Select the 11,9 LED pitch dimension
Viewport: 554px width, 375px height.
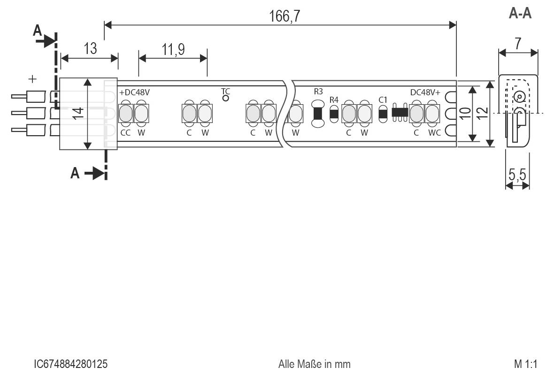[173, 49]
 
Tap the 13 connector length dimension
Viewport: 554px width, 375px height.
[90, 49]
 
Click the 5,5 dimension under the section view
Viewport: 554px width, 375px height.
[517, 176]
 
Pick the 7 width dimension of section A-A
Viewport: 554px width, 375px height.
[517, 44]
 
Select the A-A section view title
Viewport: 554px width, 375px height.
[520, 14]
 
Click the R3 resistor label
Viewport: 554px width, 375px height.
[318, 92]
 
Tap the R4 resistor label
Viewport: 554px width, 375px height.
[334, 99]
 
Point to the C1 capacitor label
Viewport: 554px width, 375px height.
[383, 99]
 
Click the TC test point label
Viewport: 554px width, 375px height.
[225, 91]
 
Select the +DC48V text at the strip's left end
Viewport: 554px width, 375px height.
[134, 92]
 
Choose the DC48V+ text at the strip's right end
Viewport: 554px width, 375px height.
[425, 92]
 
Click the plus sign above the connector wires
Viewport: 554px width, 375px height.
[32, 79]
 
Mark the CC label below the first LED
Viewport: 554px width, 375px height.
[125, 133]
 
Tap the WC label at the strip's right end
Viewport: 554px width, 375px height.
[434, 133]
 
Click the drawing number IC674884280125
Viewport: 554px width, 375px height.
[71, 364]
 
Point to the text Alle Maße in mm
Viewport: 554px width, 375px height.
[314, 364]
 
